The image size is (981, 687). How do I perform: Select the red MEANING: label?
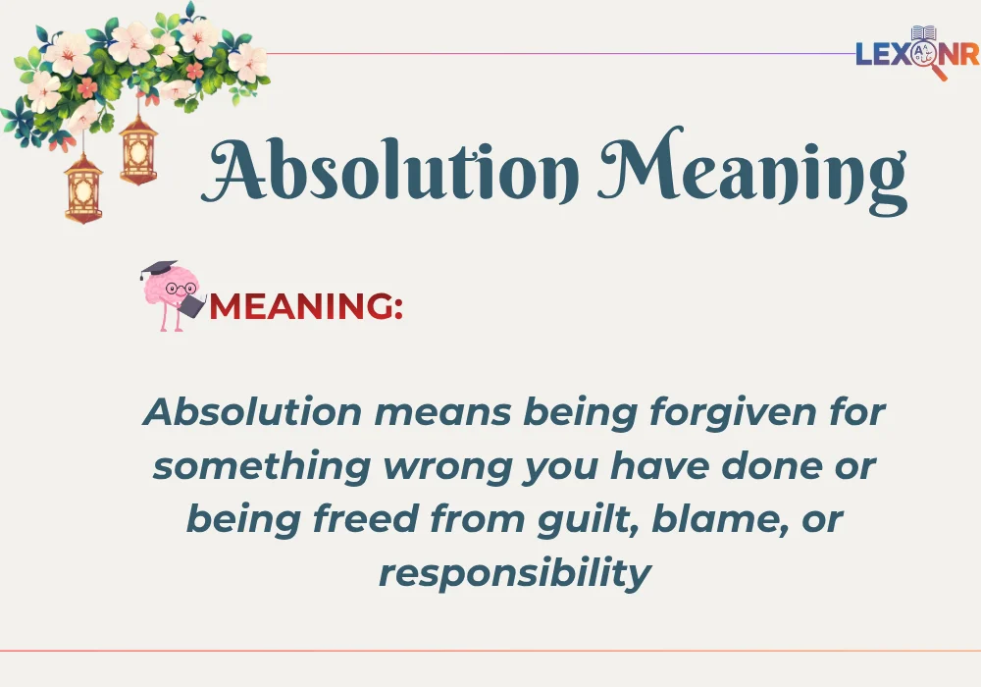coord(306,306)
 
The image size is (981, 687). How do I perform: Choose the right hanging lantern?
coord(138,150)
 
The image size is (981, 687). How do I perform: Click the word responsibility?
coord(514,572)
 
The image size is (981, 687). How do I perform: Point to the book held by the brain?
coord(191,306)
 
